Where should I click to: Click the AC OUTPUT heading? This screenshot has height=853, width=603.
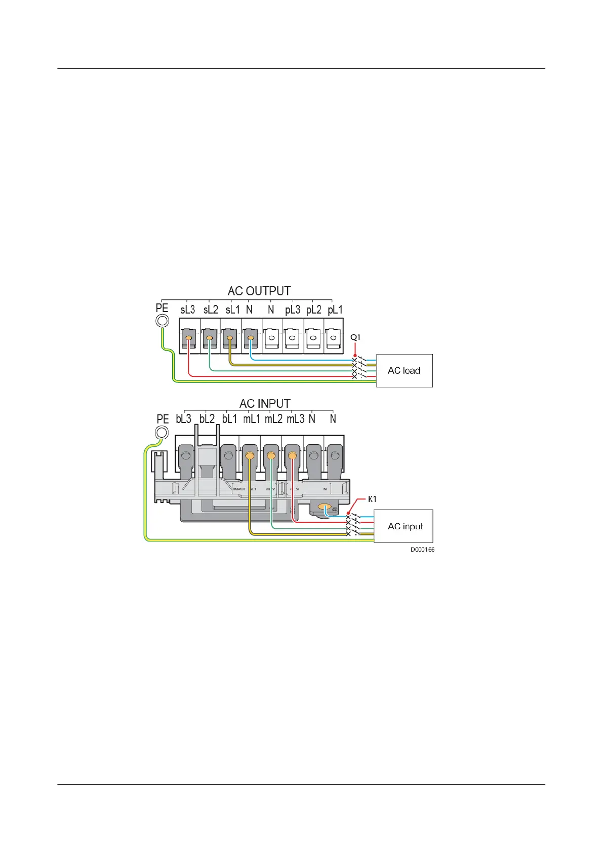point(259,291)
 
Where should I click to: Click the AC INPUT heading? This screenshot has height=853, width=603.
point(265,404)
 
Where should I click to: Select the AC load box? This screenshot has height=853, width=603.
point(404,371)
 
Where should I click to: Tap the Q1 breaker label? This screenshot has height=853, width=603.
point(355,337)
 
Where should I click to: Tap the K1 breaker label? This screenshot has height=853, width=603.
point(372,499)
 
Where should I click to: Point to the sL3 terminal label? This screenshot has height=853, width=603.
point(187,309)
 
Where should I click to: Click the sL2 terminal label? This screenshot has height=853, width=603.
point(211,309)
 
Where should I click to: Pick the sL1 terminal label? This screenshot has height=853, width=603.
point(232,309)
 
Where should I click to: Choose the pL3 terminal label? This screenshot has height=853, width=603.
point(293,309)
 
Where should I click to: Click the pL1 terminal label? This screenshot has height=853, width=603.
point(335,309)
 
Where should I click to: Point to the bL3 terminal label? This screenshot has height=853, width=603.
point(183,419)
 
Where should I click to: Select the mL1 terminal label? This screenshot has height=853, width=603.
point(252,419)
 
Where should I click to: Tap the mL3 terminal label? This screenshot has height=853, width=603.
point(296,419)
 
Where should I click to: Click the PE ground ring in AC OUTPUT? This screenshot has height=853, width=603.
point(162,321)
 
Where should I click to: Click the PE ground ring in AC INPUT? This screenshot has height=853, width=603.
point(162,433)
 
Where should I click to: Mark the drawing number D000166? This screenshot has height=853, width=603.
point(422,550)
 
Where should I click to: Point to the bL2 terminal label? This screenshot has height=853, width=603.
point(207,419)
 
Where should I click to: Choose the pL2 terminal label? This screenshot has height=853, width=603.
point(314,309)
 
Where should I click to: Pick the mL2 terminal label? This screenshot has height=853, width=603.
point(273,419)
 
